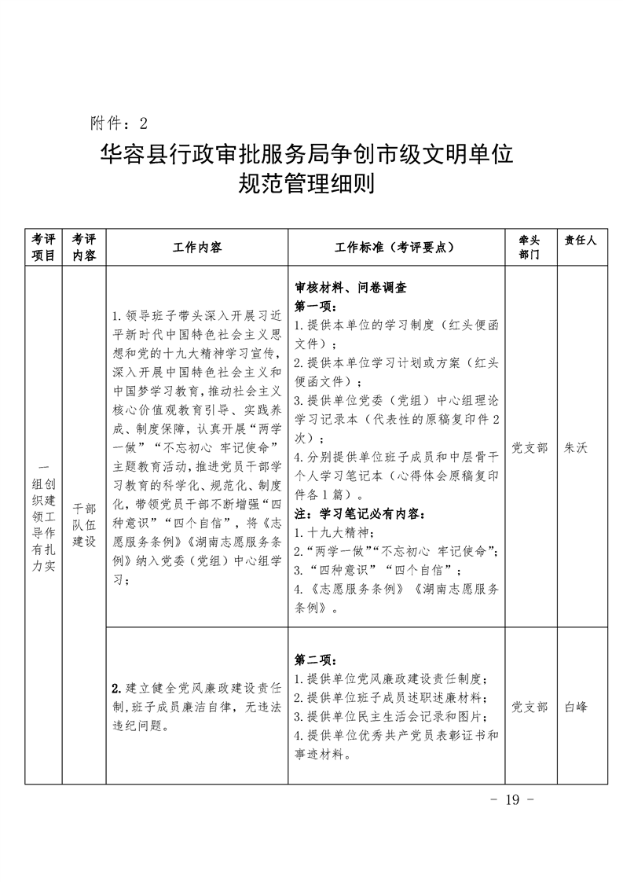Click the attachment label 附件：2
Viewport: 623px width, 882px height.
pyautogui.click(x=119, y=123)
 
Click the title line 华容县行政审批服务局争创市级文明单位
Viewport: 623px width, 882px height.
pyautogui.click(x=307, y=153)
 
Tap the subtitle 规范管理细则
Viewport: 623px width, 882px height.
pyautogui.click(x=307, y=186)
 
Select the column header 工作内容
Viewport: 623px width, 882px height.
pyautogui.click(x=197, y=247)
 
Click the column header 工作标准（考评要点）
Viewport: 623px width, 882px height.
pyautogui.click(x=395, y=247)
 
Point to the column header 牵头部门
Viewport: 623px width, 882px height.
pyautogui.click(x=530, y=247)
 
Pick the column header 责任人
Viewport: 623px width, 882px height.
pyautogui.click(x=581, y=241)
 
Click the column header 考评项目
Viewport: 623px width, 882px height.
pyautogui.click(x=43, y=247)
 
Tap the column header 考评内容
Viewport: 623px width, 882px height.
pyautogui.click(x=84, y=247)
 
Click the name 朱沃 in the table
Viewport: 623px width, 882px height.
pyautogui.click(x=576, y=447)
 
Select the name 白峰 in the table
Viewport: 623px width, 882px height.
pyautogui.click(x=576, y=707)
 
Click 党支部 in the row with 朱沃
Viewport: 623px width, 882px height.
pyautogui.click(x=530, y=447)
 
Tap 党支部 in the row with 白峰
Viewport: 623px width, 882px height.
pyautogui.click(x=530, y=707)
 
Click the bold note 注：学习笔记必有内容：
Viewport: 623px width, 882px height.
pyautogui.click(x=357, y=515)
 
